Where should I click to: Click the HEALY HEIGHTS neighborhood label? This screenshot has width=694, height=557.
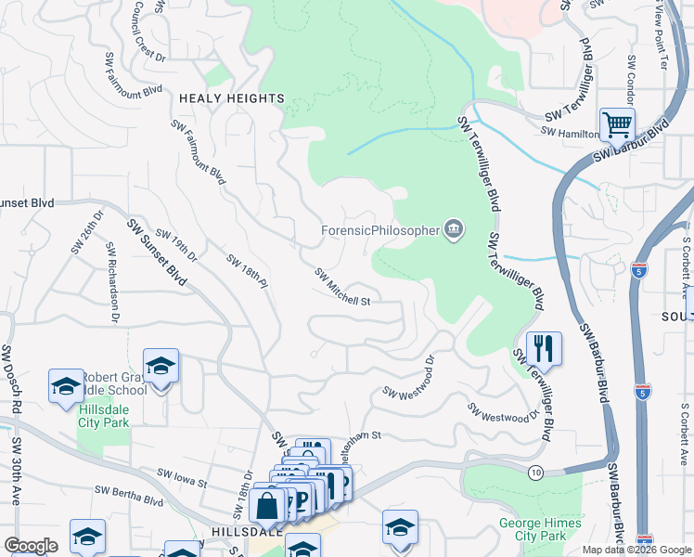click(231, 98)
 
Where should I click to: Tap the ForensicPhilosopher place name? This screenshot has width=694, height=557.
click(380, 230)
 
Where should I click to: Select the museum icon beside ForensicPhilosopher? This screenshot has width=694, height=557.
click(453, 229)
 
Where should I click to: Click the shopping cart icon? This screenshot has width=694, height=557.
click(617, 123)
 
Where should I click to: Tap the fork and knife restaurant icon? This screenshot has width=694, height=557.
click(544, 348)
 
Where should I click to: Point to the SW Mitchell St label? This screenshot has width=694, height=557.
click(342, 288)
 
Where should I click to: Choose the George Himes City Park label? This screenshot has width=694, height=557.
click(540, 529)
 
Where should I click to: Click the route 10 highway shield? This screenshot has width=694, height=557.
click(535, 473)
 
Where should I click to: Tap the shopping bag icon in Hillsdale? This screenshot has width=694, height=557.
click(267, 506)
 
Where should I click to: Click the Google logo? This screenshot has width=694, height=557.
click(32, 546)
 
